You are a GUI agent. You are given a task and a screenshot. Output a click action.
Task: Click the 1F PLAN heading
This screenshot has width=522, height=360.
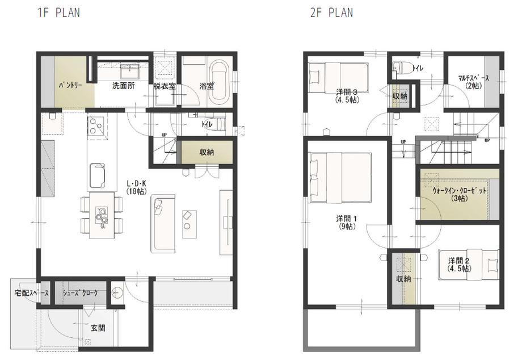tap(58, 12)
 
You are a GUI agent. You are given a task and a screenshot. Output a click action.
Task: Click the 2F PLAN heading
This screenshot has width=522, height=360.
tap(331, 12)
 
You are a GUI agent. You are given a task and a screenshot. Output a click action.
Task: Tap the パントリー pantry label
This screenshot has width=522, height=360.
tap(70, 85)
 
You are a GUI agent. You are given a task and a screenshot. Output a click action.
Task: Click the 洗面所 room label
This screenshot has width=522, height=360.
tap(124, 86)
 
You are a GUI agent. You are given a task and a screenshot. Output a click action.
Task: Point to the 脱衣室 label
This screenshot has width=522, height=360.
tap(165, 86)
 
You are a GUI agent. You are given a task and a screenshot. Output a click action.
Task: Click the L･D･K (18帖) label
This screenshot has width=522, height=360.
tap(137, 187)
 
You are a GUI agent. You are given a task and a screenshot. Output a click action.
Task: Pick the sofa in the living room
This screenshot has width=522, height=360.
tap(163, 224)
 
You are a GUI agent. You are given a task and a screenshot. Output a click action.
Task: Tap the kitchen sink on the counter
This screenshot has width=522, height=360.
tap(97, 175)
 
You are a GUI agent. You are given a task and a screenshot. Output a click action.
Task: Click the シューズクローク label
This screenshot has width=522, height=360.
tap(80, 293)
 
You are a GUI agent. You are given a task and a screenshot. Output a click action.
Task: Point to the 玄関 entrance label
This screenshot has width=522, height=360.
tap(98, 328)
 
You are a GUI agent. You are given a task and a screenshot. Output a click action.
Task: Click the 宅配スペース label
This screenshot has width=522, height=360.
tap(31, 293)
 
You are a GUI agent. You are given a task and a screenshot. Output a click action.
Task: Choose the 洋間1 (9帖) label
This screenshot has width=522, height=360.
tap(347, 223)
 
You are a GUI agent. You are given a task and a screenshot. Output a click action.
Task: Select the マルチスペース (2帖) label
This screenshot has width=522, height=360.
tap(474, 82)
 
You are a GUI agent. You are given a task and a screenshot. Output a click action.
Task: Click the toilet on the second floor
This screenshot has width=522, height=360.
tap(402, 68)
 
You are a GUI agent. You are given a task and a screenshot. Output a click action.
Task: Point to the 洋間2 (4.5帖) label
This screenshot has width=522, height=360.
tap(459, 265)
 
